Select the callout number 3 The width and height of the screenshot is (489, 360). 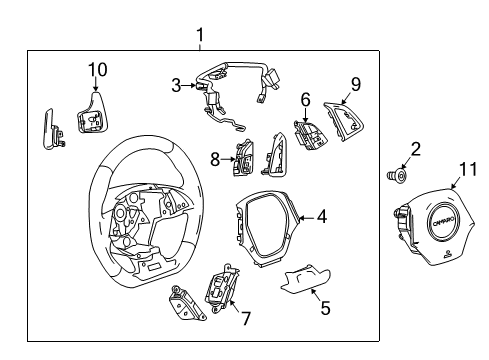pos(176,86)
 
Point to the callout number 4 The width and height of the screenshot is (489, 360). pos(321,214)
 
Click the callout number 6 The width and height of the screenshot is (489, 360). pos(306,100)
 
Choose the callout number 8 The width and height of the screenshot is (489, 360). pos(215,157)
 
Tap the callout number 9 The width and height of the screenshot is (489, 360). pos(355,84)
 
